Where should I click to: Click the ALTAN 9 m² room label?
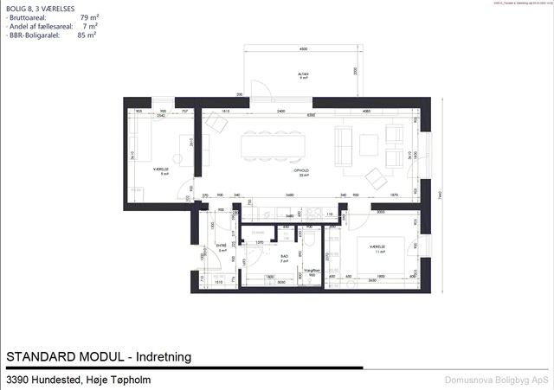point(304,76)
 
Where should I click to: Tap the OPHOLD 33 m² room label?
point(302,172)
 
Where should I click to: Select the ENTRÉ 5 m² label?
point(222,248)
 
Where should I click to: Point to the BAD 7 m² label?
point(283,258)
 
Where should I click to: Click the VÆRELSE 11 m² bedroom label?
point(377,248)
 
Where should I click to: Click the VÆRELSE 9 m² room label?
point(159,171)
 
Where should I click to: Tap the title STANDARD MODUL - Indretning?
point(98,357)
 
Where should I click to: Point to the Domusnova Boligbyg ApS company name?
point(496,380)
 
